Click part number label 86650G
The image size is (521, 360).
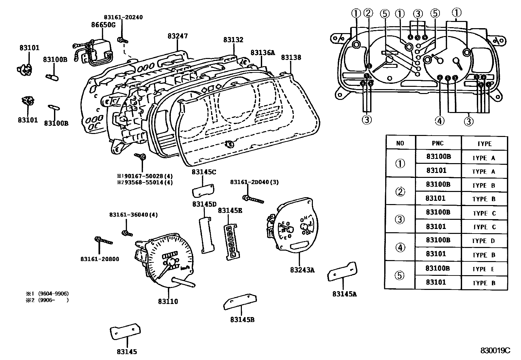(103, 25)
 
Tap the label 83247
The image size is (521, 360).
(178, 36)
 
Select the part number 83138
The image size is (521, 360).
(291, 58)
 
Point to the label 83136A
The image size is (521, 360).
(263, 52)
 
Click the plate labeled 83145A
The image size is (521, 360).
(342, 271)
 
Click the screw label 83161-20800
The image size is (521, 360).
(99, 259)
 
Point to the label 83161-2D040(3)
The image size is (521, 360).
(254, 182)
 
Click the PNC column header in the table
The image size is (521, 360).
(438, 143)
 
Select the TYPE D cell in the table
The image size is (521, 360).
(483, 241)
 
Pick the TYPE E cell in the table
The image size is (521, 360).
(483, 269)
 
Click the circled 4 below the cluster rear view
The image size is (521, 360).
(440, 121)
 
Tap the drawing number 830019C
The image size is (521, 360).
(495, 351)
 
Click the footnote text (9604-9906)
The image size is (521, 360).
(53, 294)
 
